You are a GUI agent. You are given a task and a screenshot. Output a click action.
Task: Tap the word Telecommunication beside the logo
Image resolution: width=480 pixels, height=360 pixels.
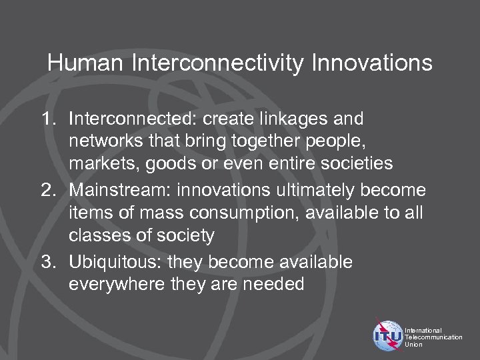[x=434, y=337]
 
